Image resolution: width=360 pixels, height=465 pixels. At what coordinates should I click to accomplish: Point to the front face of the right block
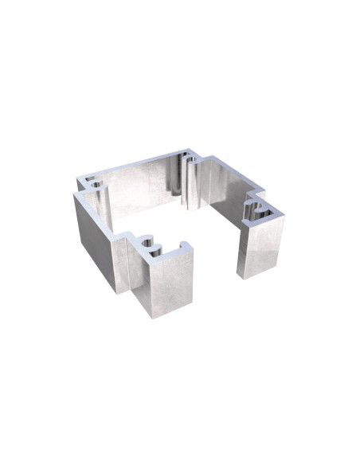[260, 248]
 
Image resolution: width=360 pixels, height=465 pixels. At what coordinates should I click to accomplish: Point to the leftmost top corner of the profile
[74, 193]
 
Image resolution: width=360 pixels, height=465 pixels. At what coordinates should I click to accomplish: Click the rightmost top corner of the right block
[284, 215]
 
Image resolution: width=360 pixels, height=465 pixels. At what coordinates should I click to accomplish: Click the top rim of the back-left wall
[135, 166]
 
